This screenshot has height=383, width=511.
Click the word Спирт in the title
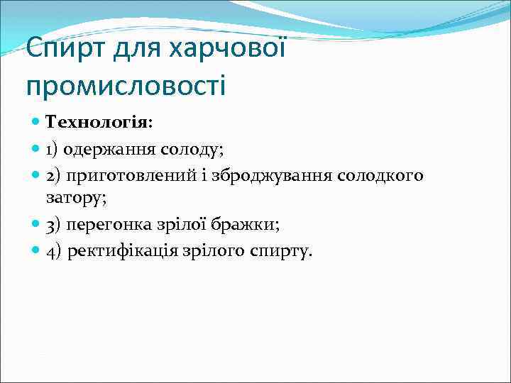click(60, 49)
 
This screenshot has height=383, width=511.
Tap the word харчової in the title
click(227, 49)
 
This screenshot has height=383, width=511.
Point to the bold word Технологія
click(97, 122)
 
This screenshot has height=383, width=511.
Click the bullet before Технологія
click(36, 122)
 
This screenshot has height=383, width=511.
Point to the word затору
click(76, 198)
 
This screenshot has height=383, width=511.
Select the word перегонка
click(104, 225)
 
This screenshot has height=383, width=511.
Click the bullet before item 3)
click(36, 225)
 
